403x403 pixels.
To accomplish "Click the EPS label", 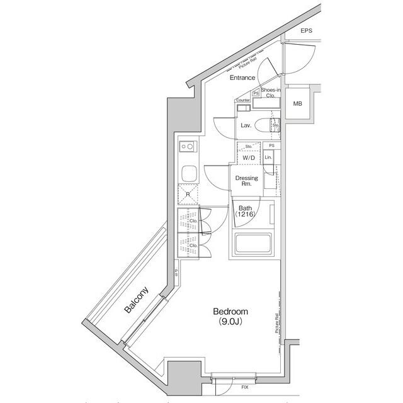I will pos(306,31).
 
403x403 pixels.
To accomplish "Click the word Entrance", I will pos(242,77).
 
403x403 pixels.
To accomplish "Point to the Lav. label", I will pos(246,125).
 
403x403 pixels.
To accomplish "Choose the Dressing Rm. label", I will pos(246,181).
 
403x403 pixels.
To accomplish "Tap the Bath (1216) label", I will pos(245,211).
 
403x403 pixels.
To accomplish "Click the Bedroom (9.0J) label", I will pos(231,315).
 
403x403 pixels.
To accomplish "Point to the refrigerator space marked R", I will pos(188,194).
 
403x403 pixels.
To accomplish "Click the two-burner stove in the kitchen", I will pos(187,148).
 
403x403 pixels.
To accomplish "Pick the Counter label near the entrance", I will pos(243,100).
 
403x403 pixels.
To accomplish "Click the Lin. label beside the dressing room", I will pos(268,156).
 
